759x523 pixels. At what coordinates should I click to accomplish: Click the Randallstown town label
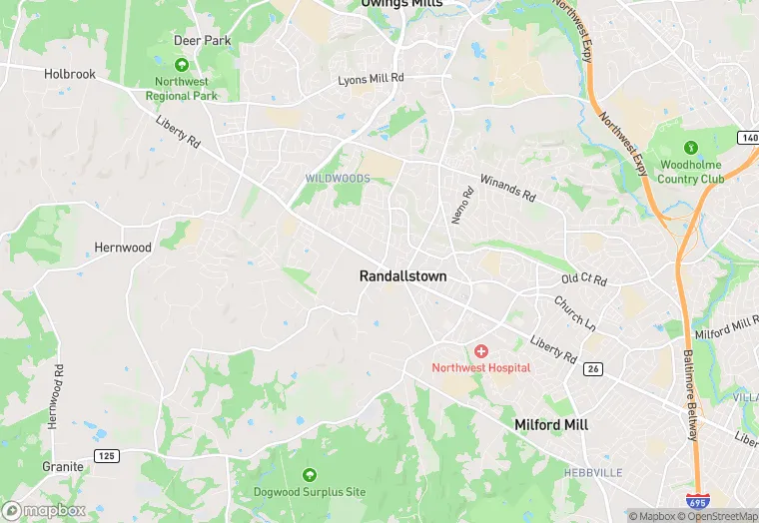click(x=402, y=275)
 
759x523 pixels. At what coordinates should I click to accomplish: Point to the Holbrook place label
click(x=70, y=74)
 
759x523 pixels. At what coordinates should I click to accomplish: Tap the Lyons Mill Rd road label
click(x=371, y=78)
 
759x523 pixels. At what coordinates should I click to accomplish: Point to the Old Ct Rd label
click(x=584, y=279)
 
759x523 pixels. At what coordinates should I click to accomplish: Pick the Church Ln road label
click(x=574, y=312)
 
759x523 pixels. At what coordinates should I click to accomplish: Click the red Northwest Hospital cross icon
click(x=481, y=351)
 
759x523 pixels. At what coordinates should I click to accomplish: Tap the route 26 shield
click(x=592, y=369)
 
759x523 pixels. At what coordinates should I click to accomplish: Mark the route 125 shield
click(x=107, y=455)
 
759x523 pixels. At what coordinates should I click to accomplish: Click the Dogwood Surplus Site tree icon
click(x=309, y=475)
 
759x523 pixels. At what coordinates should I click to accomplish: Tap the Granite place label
click(x=62, y=466)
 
